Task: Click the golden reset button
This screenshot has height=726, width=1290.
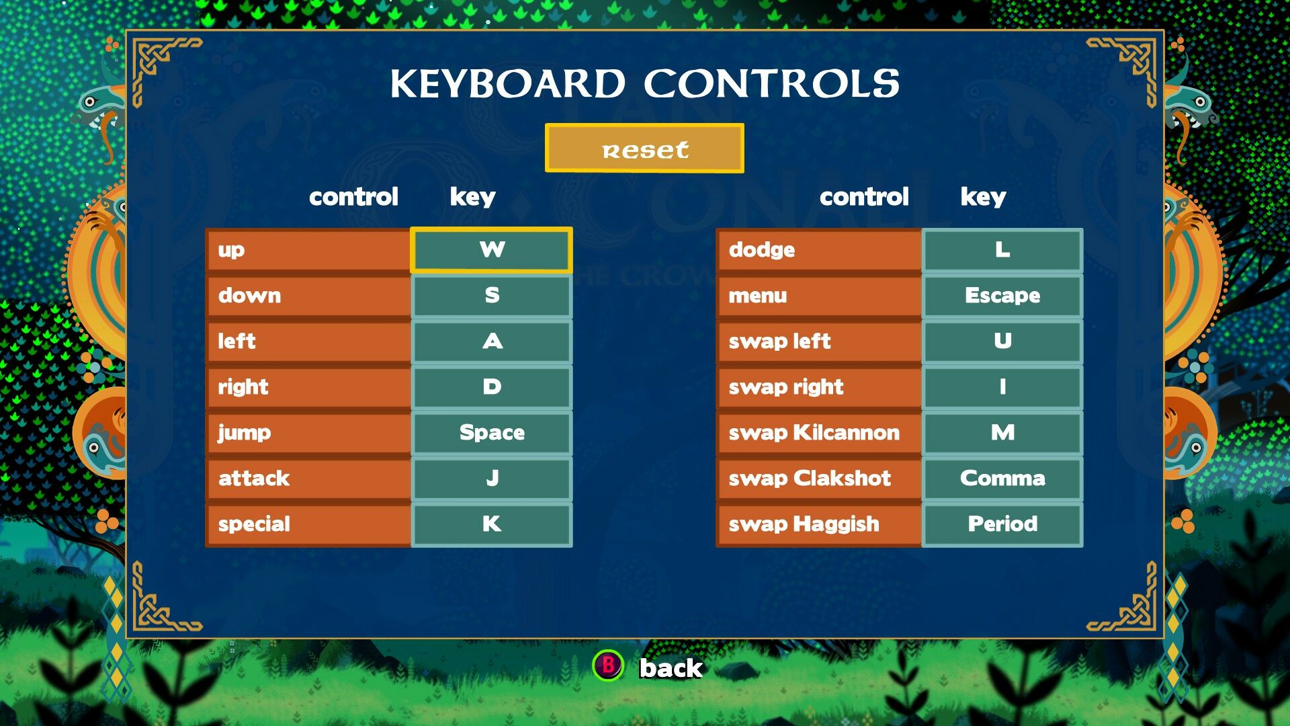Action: point(644,148)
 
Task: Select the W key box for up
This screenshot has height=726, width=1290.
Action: point(491,250)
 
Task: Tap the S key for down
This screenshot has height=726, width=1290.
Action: point(491,296)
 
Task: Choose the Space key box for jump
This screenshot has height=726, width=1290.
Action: point(491,433)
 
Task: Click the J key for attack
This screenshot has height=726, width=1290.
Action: point(491,479)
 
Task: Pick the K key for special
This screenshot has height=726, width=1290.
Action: point(491,524)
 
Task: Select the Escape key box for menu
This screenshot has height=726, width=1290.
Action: point(1002,296)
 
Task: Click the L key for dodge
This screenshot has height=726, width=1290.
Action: point(1002,250)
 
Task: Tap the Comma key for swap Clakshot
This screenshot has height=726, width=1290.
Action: point(1002,479)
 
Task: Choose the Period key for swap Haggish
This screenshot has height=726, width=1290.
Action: point(1002,524)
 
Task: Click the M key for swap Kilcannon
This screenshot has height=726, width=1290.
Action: point(1002,433)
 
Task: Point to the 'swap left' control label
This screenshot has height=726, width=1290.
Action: point(779,341)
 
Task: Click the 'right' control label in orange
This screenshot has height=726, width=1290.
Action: point(243,387)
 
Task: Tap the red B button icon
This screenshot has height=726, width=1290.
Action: point(608,665)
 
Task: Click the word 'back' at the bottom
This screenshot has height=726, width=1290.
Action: point(671,668)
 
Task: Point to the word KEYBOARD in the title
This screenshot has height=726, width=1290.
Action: point(508,83)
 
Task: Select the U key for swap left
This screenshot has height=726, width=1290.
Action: point(1002,341)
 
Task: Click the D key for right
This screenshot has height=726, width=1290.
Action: point(491,387)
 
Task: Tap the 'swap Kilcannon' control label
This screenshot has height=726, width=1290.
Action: point(814,433)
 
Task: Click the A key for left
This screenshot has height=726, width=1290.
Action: point(491,341)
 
